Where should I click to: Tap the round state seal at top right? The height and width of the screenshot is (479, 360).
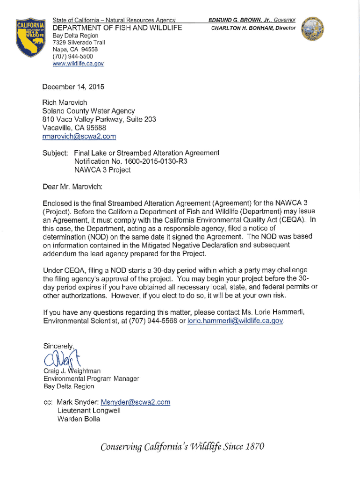click(312, 30)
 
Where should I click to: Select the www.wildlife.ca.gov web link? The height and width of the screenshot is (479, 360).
click(78, 63)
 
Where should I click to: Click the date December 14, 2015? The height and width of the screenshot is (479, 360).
click(73, 87)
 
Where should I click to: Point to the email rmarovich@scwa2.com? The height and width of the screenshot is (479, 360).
click(79, 136)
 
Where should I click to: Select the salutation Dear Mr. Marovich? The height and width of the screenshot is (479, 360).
click(72, 187)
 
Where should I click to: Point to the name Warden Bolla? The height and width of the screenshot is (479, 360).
click(79, 419)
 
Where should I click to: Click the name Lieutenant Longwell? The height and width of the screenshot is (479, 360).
click(89, 411)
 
